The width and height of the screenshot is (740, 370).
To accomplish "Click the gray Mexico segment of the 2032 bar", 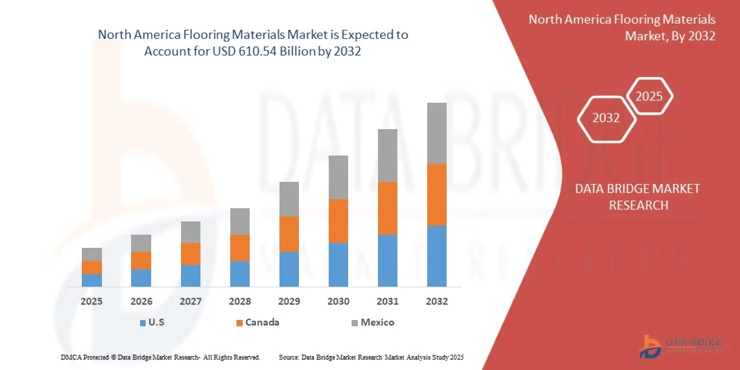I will tap(436, 133).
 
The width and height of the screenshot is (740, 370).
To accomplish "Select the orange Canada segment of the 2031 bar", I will tap(387, 208).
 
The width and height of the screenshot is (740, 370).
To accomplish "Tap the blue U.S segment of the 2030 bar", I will tap(338, 264).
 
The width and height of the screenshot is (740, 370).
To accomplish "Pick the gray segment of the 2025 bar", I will tap(92, 254).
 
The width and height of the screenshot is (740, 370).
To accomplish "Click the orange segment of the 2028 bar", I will tap(239, 248).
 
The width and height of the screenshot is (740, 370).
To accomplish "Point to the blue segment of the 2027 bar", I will tap(190, 276).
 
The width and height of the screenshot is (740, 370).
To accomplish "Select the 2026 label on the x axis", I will tap(141, 301).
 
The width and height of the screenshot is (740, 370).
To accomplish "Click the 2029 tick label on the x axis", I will tap(289, 301).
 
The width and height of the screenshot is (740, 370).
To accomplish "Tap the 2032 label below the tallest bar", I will tap(436, 301).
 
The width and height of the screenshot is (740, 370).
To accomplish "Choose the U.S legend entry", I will tap(152, 322).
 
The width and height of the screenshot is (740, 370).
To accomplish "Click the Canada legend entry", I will tap(257, 322).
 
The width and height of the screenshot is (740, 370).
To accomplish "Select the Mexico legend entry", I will tap(372, 322).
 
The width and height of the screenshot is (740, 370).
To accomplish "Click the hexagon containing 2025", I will tap(649, 96).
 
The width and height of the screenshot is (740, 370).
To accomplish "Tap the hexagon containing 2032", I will tap(606, 118).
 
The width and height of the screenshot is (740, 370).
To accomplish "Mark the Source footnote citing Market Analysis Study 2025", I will tap(370, 357).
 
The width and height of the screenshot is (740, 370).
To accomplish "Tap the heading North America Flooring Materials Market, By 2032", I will tap(621, 27).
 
